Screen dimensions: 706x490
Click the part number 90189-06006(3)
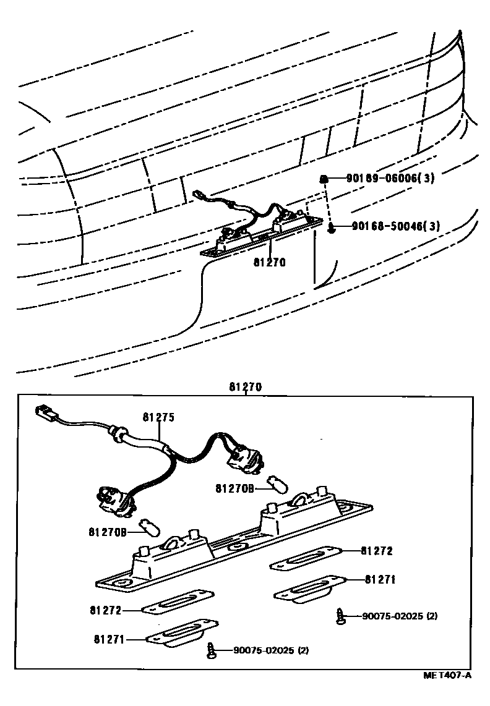[x=390, y=179]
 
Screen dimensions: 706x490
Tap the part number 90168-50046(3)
[x=396, y=227]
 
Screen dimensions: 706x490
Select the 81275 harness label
[x=158, y=417]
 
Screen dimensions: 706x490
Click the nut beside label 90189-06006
[x=323, y=179]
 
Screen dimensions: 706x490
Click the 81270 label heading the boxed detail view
[x=246, y=388]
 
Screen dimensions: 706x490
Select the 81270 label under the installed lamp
[x=269, y=262]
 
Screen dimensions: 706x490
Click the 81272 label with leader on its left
[x=376, y=550]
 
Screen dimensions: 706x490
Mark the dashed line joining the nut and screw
[x=327, y=204]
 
